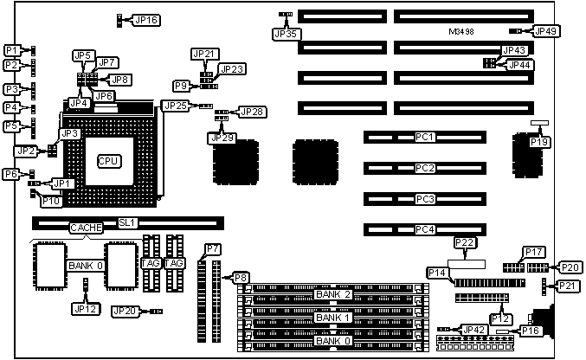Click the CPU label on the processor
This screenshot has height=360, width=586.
pyautogui.click(x=108, y=161)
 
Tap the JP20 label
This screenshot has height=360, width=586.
pyautogui.click(x=125, y=311)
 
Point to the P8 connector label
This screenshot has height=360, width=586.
pyautogui.click(x=241, y=278)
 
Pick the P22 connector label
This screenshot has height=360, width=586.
pyautogui.click(x=465, y=242)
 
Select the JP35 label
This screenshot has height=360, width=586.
pyautogui.click(x=285, y=34)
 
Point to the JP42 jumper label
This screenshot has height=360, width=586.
pyautogui.click(x=474, y=330)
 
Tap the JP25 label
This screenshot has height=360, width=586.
pyautogui.click(x=175, y=106)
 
